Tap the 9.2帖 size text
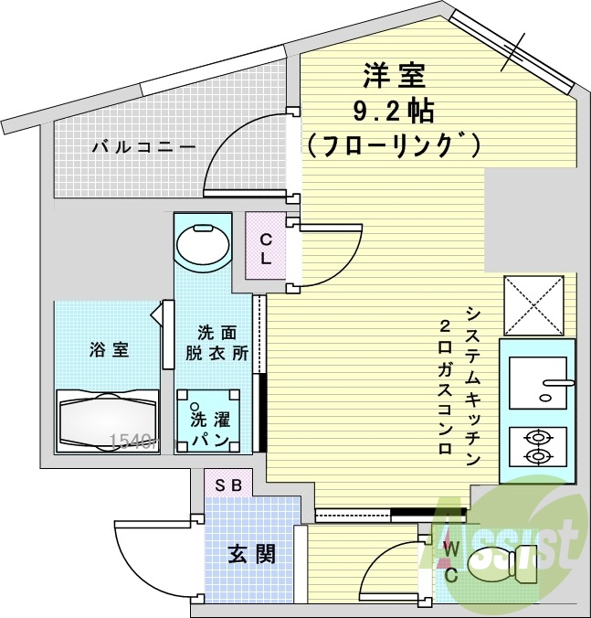point(394,111)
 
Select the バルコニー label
point(142,146)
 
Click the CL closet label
point(266,248)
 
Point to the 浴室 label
point(109,349)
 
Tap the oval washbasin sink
point(203,243)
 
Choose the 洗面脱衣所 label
point(218,343)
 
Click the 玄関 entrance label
point(251,553)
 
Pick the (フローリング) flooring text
point(394,144)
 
